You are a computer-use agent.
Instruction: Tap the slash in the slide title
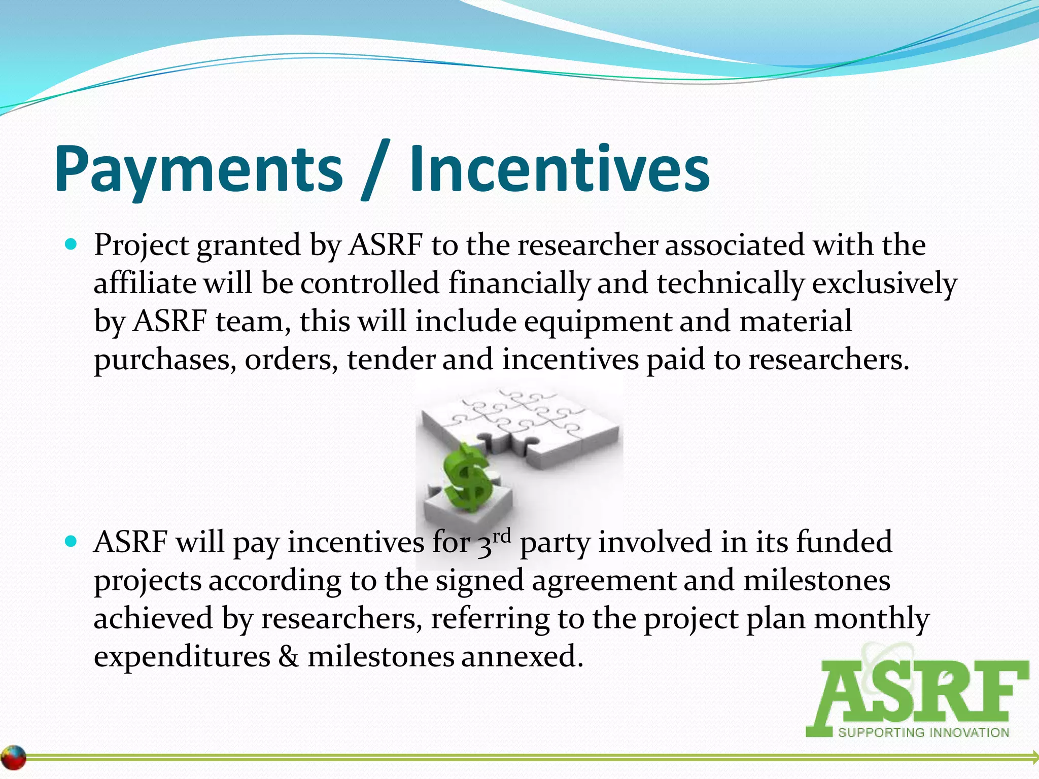click(x=375, y=170)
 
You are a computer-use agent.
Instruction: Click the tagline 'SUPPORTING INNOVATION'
click(x=923, y=732)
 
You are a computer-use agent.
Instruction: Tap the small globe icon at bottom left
click(x=14, y=758)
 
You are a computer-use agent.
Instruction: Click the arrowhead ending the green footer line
click(x=1033, y=757)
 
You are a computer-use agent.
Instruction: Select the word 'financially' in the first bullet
click(x=519, y=283)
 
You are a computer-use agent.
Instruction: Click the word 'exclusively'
click(x=884, y=283)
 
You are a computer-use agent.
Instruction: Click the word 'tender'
click(x=391, y=360)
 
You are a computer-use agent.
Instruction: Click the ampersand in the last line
click(x=289, y=657)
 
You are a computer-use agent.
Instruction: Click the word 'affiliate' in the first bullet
click(x=145, y=283)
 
